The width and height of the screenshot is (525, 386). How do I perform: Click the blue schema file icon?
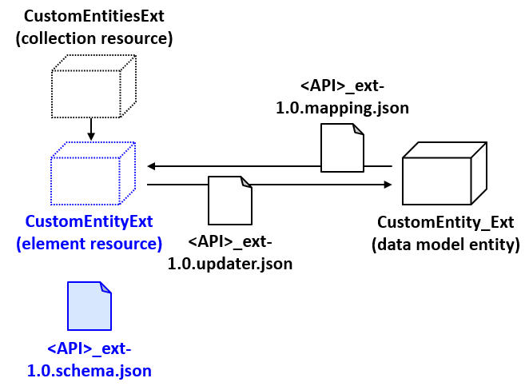pos(89,305)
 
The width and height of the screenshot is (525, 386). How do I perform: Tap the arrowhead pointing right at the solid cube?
pos(388,185)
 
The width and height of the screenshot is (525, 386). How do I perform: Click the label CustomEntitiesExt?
pos(94,17)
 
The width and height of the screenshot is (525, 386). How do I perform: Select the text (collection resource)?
pos(94,38)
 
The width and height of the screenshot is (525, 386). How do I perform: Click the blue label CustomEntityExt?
pos(89,221)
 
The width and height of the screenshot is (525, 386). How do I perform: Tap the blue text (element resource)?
pos(89,242)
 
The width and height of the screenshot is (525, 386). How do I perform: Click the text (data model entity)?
pos(445,245)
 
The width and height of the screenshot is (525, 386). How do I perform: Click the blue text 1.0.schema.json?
pos(89,371)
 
